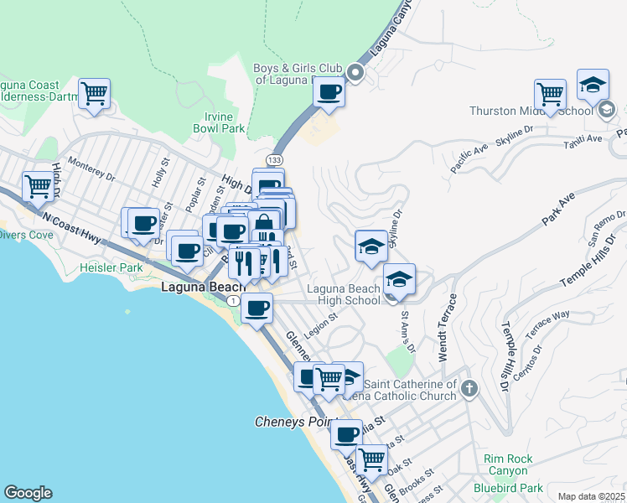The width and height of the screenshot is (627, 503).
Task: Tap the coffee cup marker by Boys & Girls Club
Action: [x=329, y=92]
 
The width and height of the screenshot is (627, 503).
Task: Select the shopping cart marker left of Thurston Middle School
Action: [x=550, y=94]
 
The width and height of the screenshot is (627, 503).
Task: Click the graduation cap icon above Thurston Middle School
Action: [x=593, y=85]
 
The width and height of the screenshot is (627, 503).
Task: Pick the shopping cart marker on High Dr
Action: [x=38, y=187]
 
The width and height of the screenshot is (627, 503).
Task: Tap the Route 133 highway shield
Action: [x=274, y=159]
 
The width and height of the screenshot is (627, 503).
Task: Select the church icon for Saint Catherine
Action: [x=469, y=389]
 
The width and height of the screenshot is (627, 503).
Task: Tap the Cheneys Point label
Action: [x=295, y=422]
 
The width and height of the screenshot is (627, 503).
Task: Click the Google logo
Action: [x=28, y=493]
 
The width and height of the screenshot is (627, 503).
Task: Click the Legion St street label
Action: [x=320, y=325]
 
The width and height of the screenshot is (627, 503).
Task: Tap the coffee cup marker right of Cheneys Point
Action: [x=346, y=435]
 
